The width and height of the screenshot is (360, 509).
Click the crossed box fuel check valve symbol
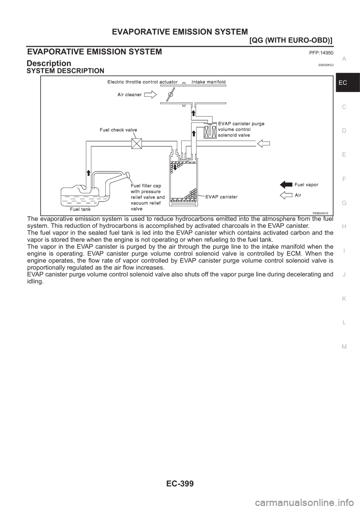click(136, 143)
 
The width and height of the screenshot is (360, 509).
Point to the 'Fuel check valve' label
click(118, 130)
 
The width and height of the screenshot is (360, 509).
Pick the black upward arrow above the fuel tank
click(88, 172)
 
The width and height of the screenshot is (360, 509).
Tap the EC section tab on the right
click(347, 82)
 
